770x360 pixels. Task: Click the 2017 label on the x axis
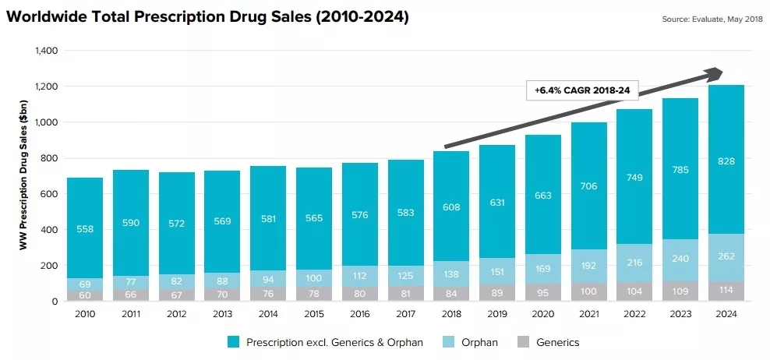point(405,313)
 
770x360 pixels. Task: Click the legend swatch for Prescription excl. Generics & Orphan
point(232,342)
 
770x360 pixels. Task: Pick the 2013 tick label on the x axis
point(222,313)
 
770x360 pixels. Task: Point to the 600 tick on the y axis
point(51,194)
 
